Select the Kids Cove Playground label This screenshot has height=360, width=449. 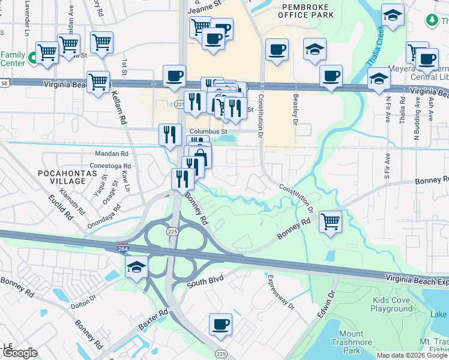tap(391, 304)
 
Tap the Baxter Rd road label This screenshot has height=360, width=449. tap(154, 322)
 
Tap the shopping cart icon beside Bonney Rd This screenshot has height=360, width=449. tap(330, 221)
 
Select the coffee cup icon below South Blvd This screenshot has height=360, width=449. tap(220, 325)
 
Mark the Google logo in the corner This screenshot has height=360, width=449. tap(19, 353)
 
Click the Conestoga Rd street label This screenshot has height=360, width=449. tap(110, 166)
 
